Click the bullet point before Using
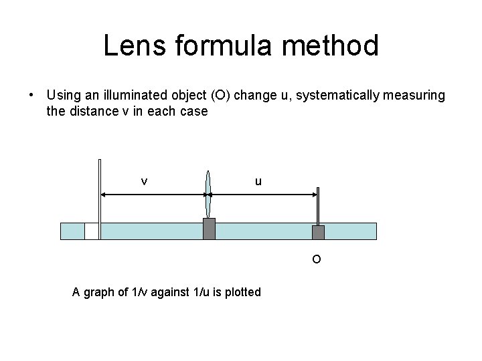click(32, 96)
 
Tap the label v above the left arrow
click(144, 181)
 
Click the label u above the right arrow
click(258, 181)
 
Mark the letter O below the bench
click(317, 259)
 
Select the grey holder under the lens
click(209, 229)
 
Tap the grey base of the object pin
click(318, 232)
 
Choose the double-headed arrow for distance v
click(153, 195)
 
